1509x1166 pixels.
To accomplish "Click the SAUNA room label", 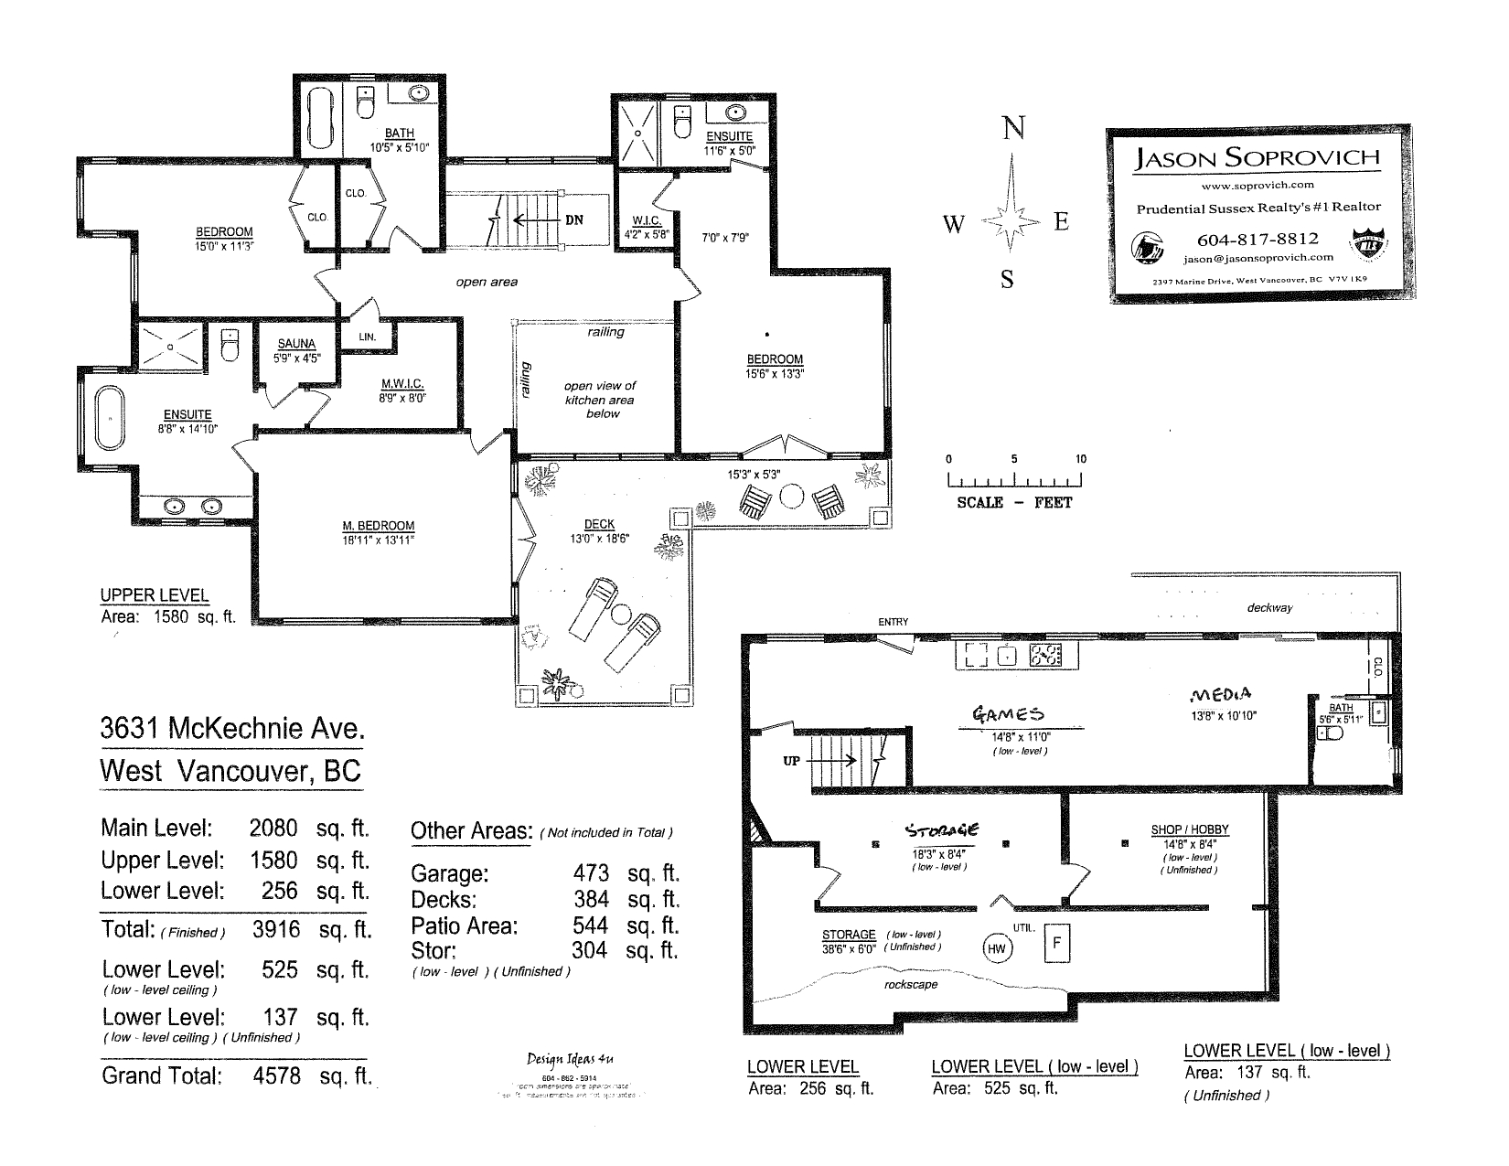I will (296, 345).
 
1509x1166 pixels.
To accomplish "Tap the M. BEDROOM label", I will (379, 526).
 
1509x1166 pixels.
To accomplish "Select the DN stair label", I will (573, 220).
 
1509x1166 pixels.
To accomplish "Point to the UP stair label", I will (792, 760).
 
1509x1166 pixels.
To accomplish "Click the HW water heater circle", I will (997, 949).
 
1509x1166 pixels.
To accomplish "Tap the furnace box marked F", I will (1056, 943).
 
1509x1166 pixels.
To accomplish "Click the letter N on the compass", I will (1013, 129).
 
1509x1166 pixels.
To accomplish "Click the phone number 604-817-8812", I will (1257, 239).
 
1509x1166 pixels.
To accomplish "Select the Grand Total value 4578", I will (276, 1076).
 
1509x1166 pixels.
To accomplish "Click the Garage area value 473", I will (591, 873).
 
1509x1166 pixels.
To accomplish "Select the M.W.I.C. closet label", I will (402, 384).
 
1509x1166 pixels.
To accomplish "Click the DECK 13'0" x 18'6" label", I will (599, 525).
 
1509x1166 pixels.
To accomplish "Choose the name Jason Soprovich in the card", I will (1257, 157).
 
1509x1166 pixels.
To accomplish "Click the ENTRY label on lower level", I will (893, 622).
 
